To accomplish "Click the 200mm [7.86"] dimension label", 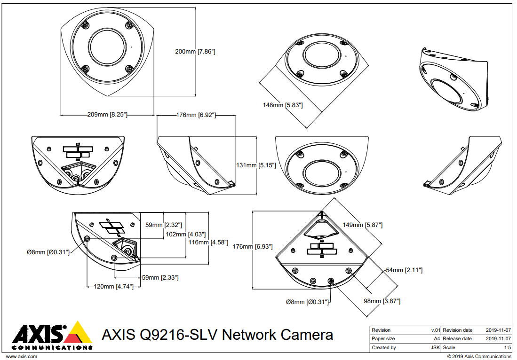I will point(195,52).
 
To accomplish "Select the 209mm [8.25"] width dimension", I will point(107,114).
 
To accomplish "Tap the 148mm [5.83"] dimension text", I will point(282,105).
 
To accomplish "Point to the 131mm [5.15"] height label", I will point(256,165).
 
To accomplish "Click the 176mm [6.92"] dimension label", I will point(196,115).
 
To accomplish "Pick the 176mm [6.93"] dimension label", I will point(253,246).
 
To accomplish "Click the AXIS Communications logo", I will point(52,336).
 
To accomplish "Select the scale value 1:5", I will point(507,348).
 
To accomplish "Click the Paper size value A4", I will point(437,339).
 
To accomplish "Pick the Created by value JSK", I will point(436,348).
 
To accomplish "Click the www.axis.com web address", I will point(21,357).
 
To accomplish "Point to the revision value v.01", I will point(436,330).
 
